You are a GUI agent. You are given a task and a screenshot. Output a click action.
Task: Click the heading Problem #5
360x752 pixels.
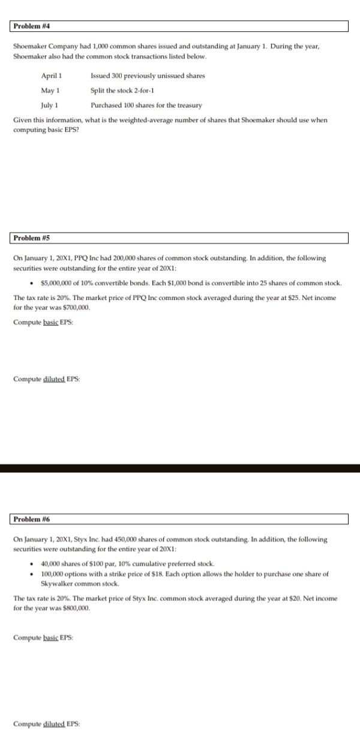tap(31, 239)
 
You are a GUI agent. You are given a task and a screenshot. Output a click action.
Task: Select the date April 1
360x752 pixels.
tap(51, 76)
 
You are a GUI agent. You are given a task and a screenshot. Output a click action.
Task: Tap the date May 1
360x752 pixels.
tap(50, 90)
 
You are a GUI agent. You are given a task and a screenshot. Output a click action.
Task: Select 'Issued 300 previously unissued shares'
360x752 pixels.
tap(147, 76)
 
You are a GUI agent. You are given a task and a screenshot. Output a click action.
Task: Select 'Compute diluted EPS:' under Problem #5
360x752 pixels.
tap(46, 379)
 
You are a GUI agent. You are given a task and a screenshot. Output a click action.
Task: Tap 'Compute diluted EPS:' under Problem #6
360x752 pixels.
tap(46, 724)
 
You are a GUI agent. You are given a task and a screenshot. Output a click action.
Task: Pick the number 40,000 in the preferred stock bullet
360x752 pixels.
tap(50, 564)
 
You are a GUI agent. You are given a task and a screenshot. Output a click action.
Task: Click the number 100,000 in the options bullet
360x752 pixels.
tap(52, 574)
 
